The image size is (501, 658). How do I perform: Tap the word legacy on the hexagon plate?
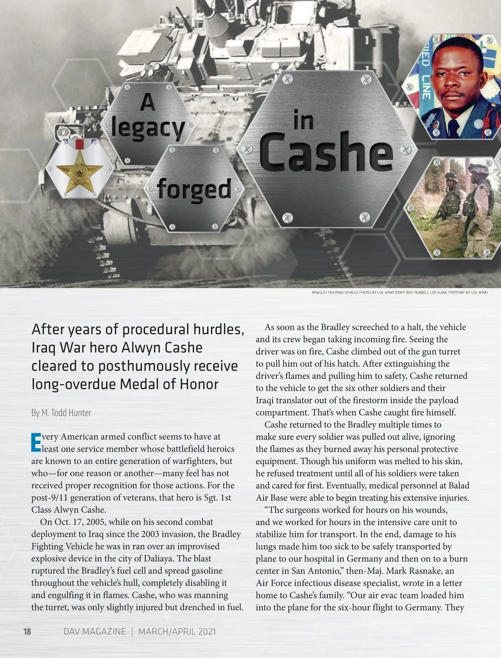tap(148, 128)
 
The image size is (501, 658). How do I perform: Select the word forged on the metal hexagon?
tap(194, 189)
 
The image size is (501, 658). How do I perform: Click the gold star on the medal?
tap(79, 173)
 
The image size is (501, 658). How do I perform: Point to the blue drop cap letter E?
tap(36, 443)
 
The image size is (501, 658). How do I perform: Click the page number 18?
tap(27, 631)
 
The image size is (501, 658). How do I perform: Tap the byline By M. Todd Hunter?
tap(61, 413)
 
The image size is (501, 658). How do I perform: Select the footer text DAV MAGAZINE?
tap(94, 631)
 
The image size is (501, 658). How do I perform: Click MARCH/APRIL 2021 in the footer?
tap(177, 631)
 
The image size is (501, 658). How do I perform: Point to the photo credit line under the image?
tap(400, 292)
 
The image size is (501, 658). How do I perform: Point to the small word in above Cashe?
tap(304, 121)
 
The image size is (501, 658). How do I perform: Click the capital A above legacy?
tap(147, 102)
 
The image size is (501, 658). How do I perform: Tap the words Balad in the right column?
tap(458, 485)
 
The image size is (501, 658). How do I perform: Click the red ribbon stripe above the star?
tap(79, 145)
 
